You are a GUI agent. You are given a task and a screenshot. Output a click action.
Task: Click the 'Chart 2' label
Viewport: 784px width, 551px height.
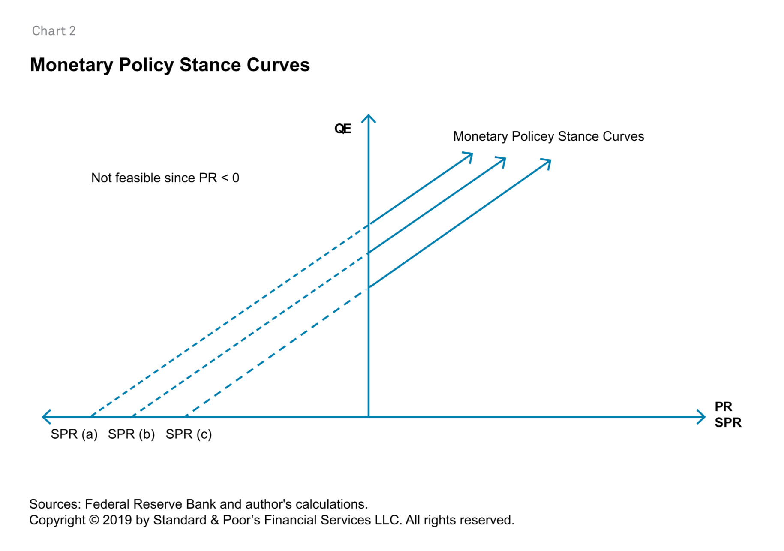coord(54,31)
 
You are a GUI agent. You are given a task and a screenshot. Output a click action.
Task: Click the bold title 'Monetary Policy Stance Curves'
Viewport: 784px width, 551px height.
coord(170,65)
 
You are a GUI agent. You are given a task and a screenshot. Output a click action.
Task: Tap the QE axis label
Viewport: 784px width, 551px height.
coord(342,129)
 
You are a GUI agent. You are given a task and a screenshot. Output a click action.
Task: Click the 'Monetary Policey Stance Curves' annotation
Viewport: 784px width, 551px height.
coord(548,136)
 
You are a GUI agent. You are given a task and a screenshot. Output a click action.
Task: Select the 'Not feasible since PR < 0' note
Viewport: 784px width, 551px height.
coord(165,178)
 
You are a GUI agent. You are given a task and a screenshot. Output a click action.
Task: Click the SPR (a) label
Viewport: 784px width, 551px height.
coord(74,434)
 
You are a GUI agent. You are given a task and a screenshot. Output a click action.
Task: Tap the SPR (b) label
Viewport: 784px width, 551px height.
coord(131,434)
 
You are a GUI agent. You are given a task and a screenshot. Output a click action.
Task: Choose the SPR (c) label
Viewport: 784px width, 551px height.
coord(189,434)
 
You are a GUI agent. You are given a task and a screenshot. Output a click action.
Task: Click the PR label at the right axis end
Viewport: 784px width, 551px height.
coord(723,406)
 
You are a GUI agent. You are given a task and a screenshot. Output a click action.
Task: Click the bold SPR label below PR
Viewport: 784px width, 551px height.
coord(728,423)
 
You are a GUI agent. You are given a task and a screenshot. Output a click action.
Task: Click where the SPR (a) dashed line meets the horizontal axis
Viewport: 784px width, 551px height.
coord(91,416)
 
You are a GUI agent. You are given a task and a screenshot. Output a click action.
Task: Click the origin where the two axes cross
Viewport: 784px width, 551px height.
coord(369,416)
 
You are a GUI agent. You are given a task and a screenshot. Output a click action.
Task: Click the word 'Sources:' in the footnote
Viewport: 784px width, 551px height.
coord(55,504)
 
